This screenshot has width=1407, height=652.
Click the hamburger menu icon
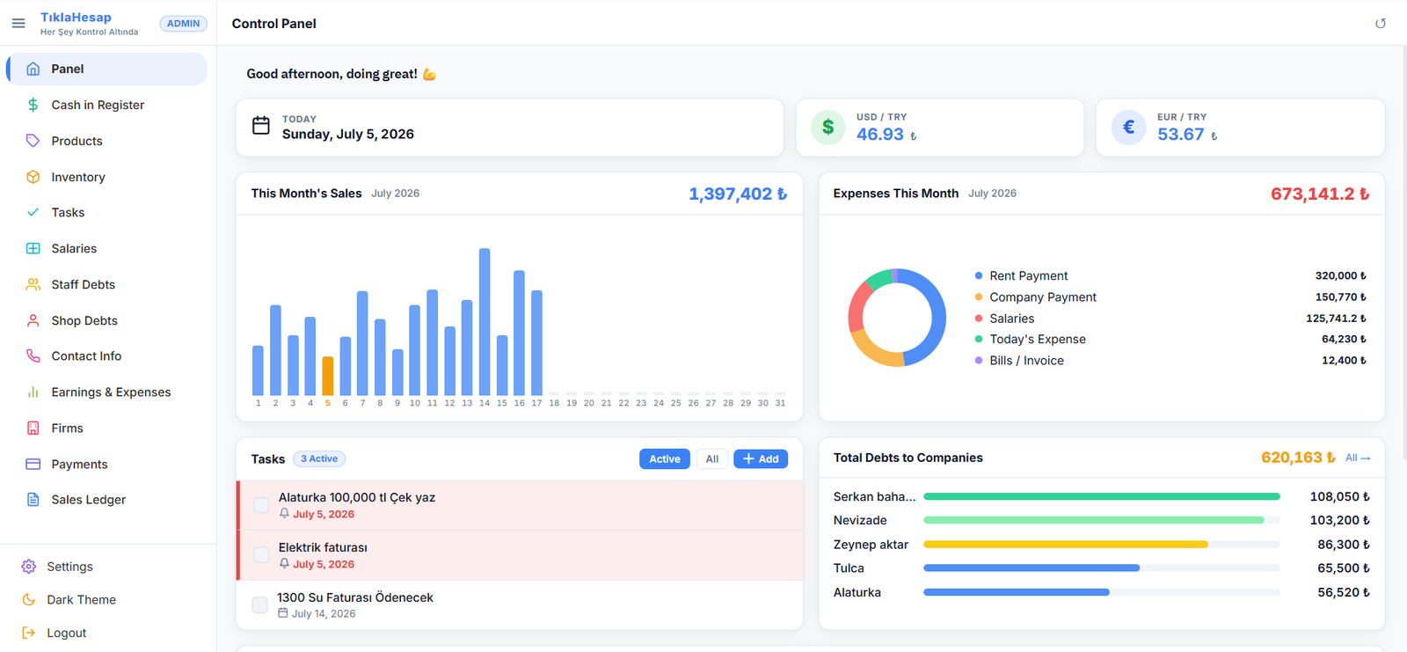(x=18, y=23)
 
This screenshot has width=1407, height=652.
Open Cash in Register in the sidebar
(x=98, y=105)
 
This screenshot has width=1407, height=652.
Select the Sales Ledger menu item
(x=88, y=500)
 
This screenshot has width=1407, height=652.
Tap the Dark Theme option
(x=81, y=600)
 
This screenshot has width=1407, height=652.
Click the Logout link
(x=66, y=634)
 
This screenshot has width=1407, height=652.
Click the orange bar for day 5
(x=327, y=376)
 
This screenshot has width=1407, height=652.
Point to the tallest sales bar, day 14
(x=485, y=322)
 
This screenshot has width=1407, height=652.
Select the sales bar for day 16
(x=519, y=333)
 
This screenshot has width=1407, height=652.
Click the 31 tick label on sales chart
(x=780, y=403)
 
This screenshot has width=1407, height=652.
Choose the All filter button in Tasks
(x=711, y=459)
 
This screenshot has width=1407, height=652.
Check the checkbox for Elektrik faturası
(x=261, y=554)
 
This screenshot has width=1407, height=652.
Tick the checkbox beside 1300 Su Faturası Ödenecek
(x=260, y=604)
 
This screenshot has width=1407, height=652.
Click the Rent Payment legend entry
(x=1028, y=276)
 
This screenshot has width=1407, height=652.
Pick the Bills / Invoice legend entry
(x=1026, y=361)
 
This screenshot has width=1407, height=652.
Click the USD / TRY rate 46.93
(x=880, y=135)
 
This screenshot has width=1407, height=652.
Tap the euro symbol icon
(x=1129, y=128)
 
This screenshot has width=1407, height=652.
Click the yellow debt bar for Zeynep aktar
(x=1065, y=545)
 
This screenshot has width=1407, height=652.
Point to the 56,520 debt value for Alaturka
(x=1344, y=592)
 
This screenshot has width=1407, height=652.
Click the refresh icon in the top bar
(x=1380, y=23)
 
